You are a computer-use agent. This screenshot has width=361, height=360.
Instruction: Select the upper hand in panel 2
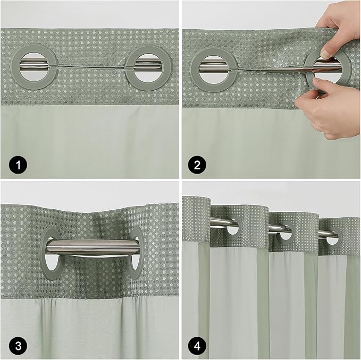click(x=340, y=24)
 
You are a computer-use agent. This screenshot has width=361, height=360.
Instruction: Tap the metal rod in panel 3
click(x=93, y=246)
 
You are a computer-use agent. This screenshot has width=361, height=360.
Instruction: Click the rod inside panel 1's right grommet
click(x=147, y=65)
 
